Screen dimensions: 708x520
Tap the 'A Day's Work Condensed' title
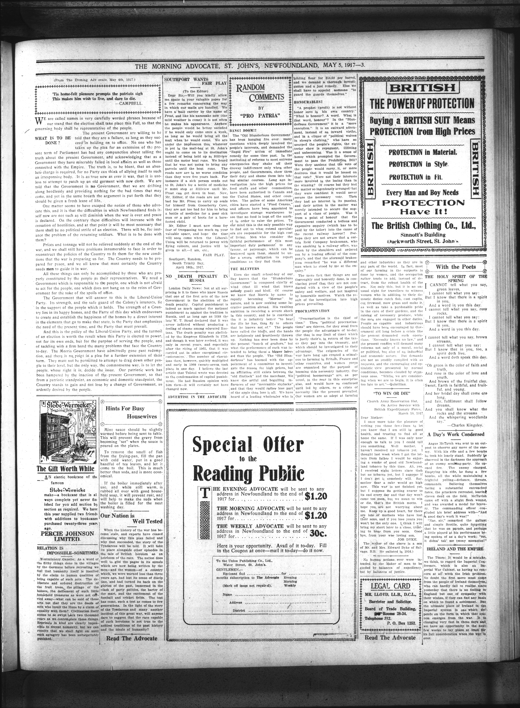pyautogui.click(x=455, y=434)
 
